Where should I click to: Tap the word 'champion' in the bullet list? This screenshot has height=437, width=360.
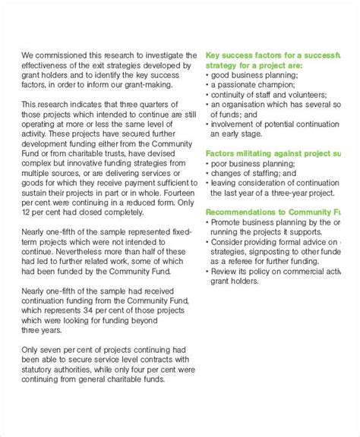[x=286, y=86]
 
